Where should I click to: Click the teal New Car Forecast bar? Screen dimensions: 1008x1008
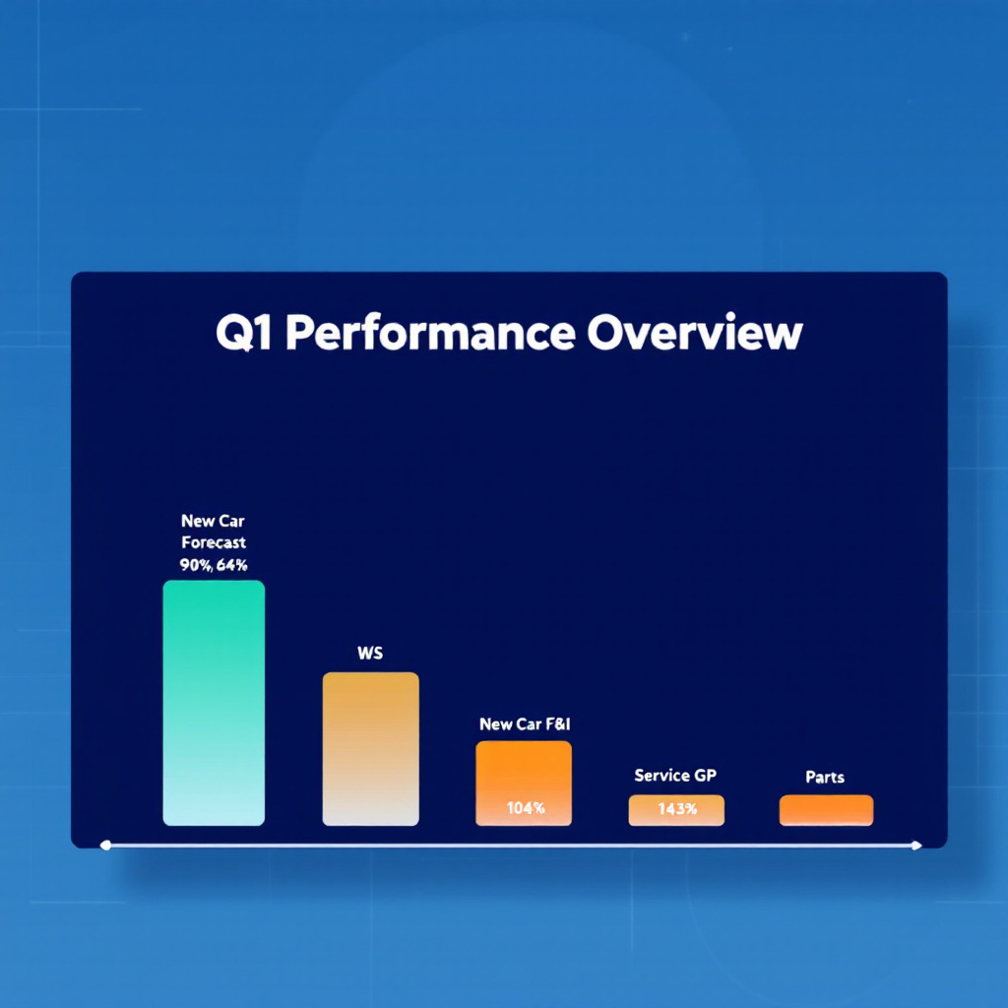pos(214,703)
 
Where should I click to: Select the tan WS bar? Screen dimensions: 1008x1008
pos(370,749)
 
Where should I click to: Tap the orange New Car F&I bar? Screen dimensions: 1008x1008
pos(524,783)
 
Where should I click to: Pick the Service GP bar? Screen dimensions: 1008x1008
pos(676,810)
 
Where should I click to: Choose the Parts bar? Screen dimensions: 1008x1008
pos(826,810)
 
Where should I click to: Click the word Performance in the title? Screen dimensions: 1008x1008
pos(430,333)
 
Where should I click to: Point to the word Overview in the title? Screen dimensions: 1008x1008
pos(695,333)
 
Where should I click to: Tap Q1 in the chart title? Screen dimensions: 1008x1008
pos(244,333)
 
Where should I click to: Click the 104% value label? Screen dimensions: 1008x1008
pos(526,808)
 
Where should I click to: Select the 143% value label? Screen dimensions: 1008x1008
pos(677,809)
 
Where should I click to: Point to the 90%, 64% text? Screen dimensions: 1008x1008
pos(214,565)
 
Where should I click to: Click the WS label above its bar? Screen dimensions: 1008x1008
pos(370,654)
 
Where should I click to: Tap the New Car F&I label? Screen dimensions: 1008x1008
pos(525,724)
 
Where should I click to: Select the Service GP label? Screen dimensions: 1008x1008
pos(675,776)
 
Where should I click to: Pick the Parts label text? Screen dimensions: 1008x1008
pos(825,778)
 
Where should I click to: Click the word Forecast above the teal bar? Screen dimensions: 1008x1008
pos(214,542)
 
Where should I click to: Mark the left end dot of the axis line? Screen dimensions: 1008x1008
pos(105,845)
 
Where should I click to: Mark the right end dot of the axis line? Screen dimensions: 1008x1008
pos(916,845)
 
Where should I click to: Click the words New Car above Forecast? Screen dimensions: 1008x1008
pos(213,521)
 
